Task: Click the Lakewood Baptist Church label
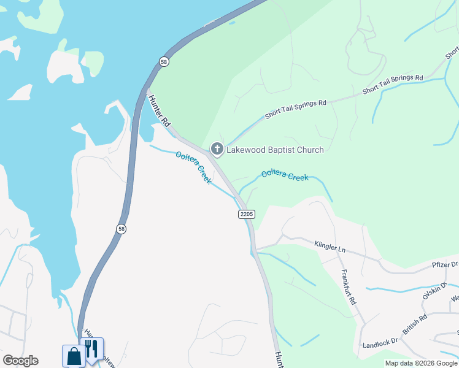coord(275,150)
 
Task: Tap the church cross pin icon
coord(217,149)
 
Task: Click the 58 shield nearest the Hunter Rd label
coord(163,61)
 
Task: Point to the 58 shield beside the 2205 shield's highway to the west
coord(121,228)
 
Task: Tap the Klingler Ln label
coord(330,248)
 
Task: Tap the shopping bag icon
coord(74,356)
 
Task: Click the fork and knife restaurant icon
coord(91,349)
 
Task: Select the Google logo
coord(20,361)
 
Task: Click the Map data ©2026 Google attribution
coord(421,363)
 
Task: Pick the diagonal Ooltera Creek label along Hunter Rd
coord(194,167)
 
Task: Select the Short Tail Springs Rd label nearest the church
coord(295,109)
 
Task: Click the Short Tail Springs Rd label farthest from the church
coord(393,84)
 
